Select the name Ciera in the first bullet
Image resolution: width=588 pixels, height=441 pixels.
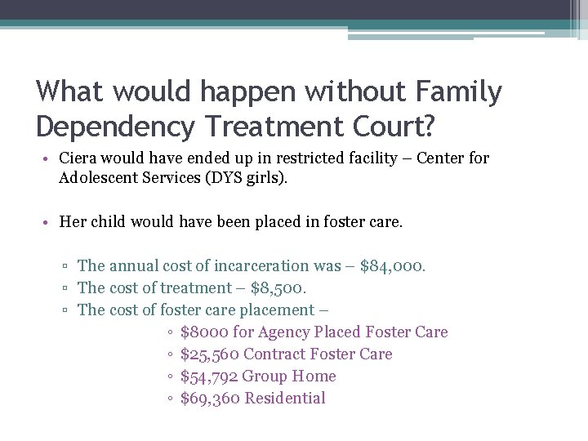coord(80,158)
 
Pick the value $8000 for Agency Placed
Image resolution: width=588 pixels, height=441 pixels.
coord(204,332)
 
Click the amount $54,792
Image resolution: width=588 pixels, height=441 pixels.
coord(209,376)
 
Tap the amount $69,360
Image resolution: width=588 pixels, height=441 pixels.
coord(209,398)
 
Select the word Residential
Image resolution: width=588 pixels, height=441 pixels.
coord(285,398)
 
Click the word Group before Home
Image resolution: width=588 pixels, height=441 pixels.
coord(265,376)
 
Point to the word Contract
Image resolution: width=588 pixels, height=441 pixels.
coord(274,354)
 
